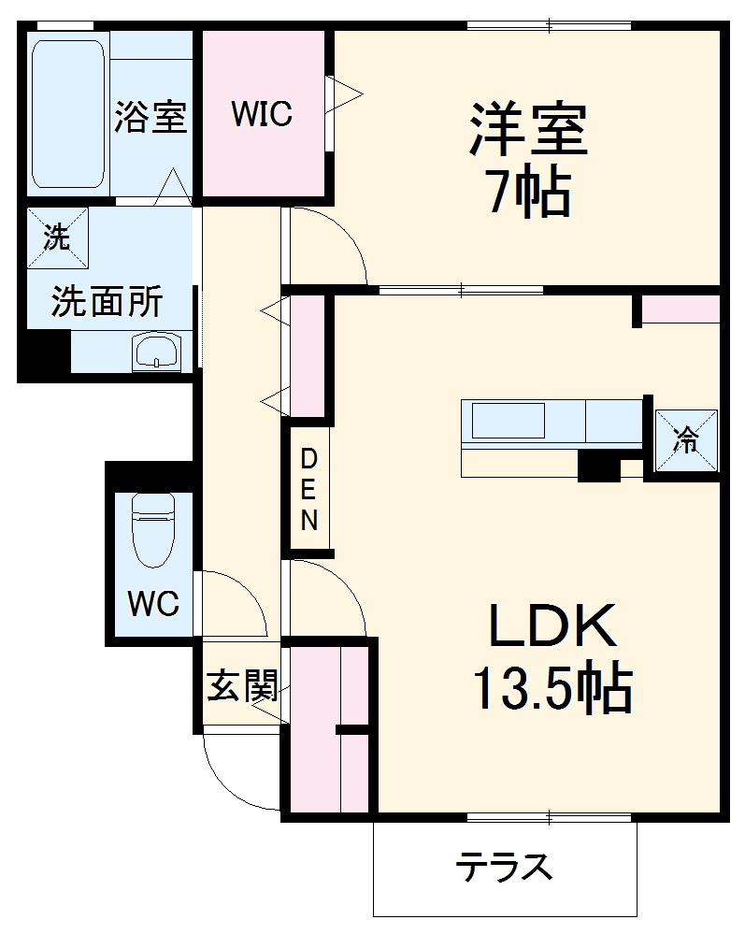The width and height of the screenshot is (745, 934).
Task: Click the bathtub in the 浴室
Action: point(67,114)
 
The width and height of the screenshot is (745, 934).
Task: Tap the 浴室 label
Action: point(150,118)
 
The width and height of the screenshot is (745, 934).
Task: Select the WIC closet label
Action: point(263,114)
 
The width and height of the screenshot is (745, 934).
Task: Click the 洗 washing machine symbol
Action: point(57,237)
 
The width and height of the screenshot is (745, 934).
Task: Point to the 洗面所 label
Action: point(106,301)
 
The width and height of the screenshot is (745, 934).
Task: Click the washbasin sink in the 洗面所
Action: point(157,352)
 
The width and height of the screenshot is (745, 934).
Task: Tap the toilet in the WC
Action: point(153,529)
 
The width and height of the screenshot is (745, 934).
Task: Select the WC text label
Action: point(153,605)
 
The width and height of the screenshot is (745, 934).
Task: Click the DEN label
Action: point(309,490)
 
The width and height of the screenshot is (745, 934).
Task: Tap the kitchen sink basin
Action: point(508,421)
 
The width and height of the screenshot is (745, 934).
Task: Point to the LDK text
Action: point(552,626)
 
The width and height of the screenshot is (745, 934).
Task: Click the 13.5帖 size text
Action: point(552,690)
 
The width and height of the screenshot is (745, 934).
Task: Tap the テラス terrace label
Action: point(504,869)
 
